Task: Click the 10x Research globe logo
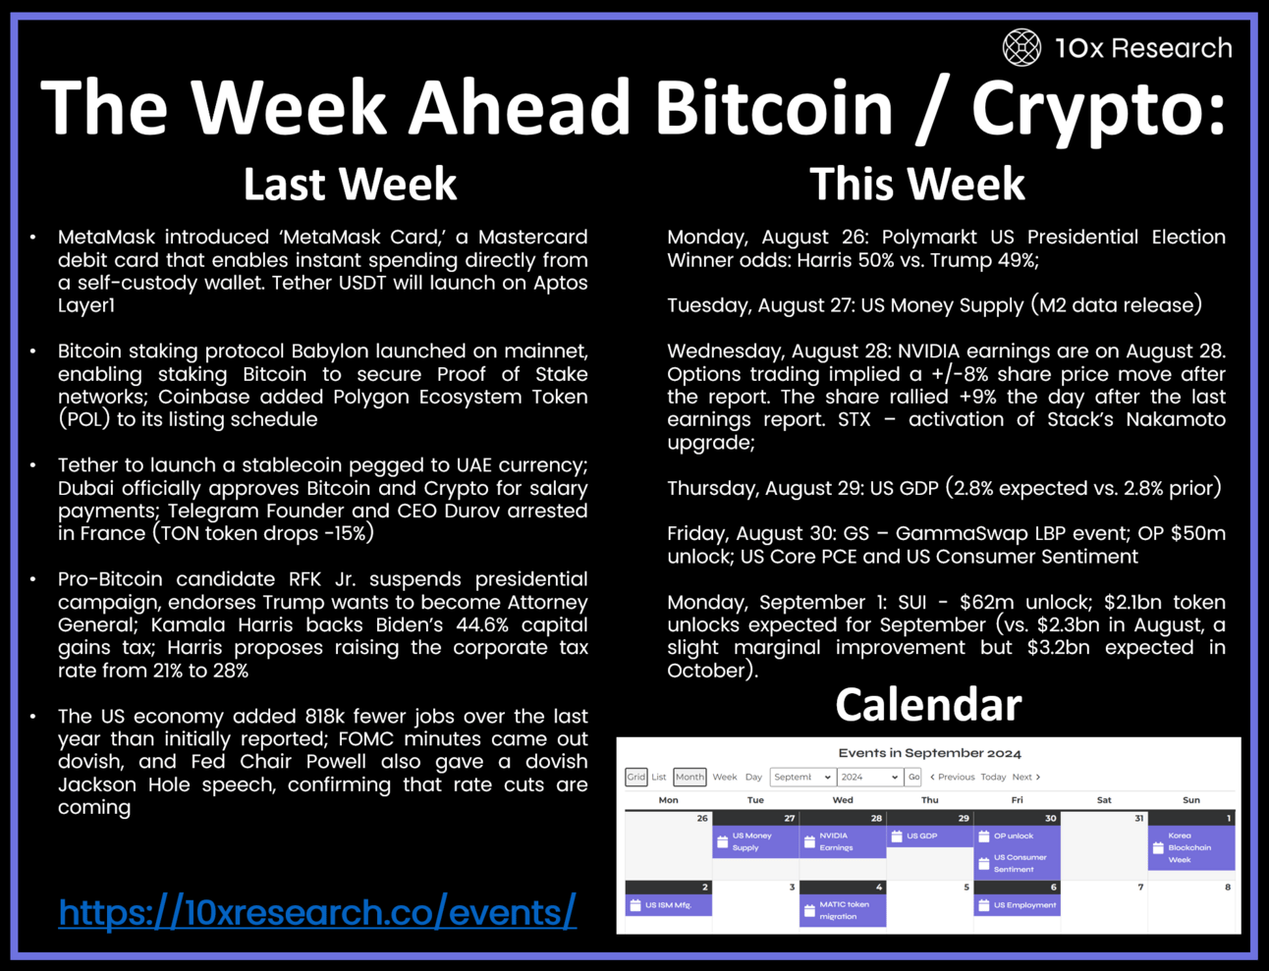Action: pos(1021,47)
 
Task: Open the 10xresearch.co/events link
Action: pos(317,911)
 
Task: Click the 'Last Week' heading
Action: pos(350,184)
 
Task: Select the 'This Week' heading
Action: pos(916,184)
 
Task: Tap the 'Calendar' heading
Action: pos(928,704)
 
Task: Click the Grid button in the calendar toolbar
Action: pos(635,777)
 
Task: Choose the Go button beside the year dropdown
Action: pos(913,777)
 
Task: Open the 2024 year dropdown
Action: pos(869,777)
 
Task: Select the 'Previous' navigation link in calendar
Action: pos(953,777)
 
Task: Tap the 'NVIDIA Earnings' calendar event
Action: pos(843,841)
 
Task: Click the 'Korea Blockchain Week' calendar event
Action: pos(1191,847)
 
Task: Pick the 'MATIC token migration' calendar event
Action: pos(843,910)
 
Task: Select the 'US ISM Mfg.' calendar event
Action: pos(669,905)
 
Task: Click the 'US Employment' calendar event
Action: pos(1018,905)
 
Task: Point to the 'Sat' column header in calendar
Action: pos(1104,800)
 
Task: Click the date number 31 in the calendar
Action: pos(1138,818)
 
